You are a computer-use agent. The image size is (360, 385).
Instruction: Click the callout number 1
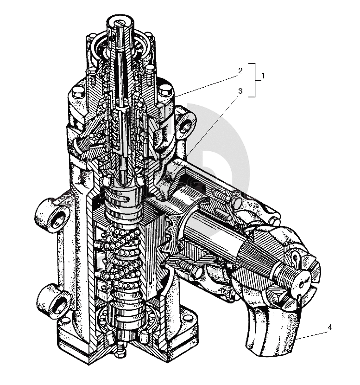click(x=263, y=76)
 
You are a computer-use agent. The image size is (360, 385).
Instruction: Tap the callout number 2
click(x=240, y=71)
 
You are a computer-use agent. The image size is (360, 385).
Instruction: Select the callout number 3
click(x=240, y=91)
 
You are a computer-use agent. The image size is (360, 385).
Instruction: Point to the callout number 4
click(x=330, y=327)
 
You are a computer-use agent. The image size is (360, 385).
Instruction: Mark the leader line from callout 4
click(x=311, y=335)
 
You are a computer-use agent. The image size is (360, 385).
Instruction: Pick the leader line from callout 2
click(x=207, y=86)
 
